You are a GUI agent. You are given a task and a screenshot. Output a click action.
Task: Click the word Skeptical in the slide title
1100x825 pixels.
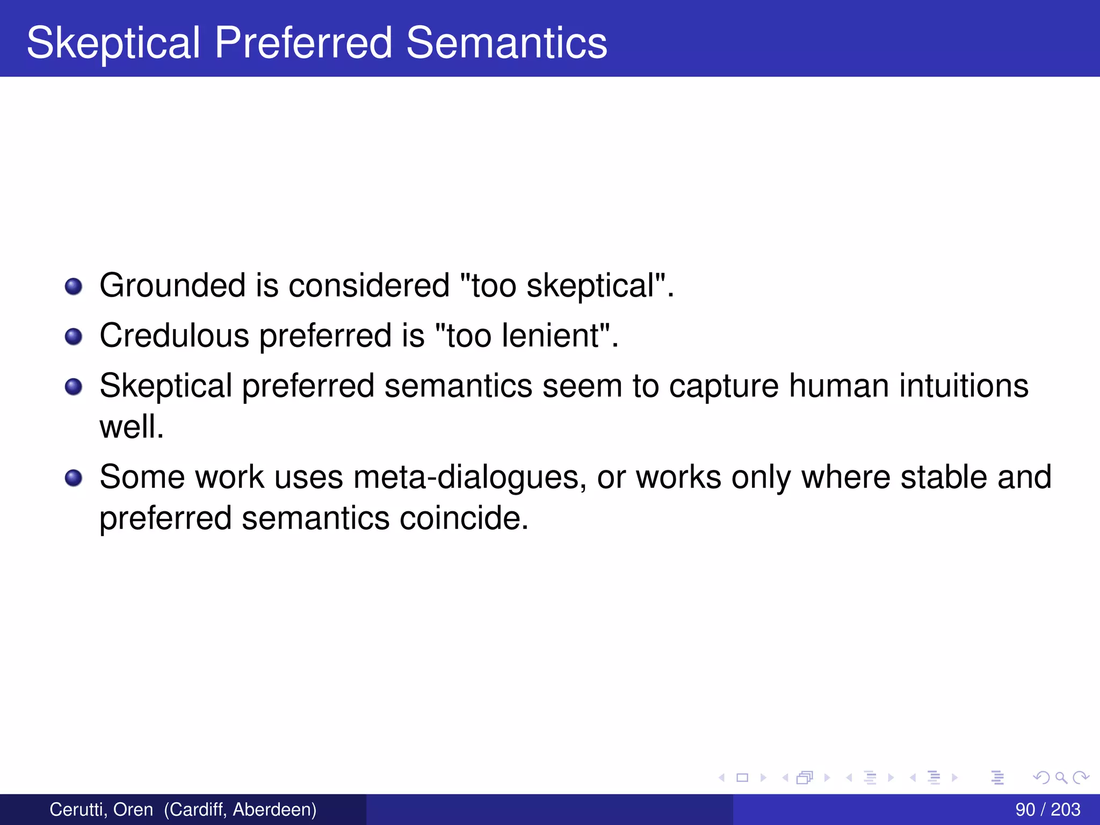coord(113,43)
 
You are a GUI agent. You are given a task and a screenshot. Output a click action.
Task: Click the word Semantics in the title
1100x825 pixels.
coord(506,43)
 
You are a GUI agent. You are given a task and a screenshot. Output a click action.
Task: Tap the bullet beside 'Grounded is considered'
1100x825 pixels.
coord(74,286)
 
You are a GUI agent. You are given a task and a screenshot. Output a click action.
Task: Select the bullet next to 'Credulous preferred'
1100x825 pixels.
coord(74,337)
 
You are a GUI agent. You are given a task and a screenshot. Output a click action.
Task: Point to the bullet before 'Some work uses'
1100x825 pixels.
coord(74,477)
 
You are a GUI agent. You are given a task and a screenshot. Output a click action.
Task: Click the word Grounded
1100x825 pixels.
coord(172,285)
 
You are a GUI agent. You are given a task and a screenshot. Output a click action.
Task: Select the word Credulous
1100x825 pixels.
coord(174,336)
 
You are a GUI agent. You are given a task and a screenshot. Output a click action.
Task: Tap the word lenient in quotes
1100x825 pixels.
coord(551,336)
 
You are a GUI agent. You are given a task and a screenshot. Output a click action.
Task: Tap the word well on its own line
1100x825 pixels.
coord(131,427)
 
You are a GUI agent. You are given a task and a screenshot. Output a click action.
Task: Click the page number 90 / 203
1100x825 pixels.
coord(1047,809)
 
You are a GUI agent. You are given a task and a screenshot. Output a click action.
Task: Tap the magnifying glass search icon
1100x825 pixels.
coord(1061,778)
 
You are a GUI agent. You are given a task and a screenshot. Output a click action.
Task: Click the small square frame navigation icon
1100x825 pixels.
coord(742,778)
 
